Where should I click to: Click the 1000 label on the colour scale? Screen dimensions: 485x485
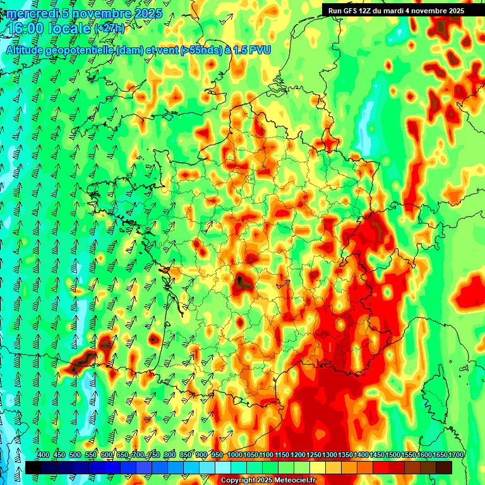[x=235, y=455]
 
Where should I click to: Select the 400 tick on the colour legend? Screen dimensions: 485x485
[x=44, y=455]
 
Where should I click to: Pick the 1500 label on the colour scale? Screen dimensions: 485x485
[x=393, y=455]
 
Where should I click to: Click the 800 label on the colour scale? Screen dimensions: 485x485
[x=170, y=455]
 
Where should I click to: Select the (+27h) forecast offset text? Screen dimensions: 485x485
[x=109, y=29]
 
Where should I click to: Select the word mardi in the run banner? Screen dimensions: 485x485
[x=400, y=11]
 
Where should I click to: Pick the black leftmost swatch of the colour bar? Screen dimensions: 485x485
[x=33, y=467]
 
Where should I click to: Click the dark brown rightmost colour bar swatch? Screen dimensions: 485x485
[x=444, y=467]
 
